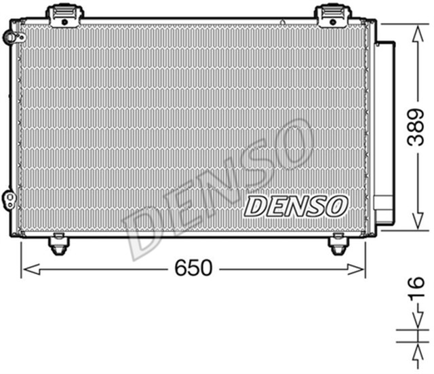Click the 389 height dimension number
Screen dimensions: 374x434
point(415,128)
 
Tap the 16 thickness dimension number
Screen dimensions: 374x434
point(418,289)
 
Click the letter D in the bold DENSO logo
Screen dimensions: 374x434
point(256,206)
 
